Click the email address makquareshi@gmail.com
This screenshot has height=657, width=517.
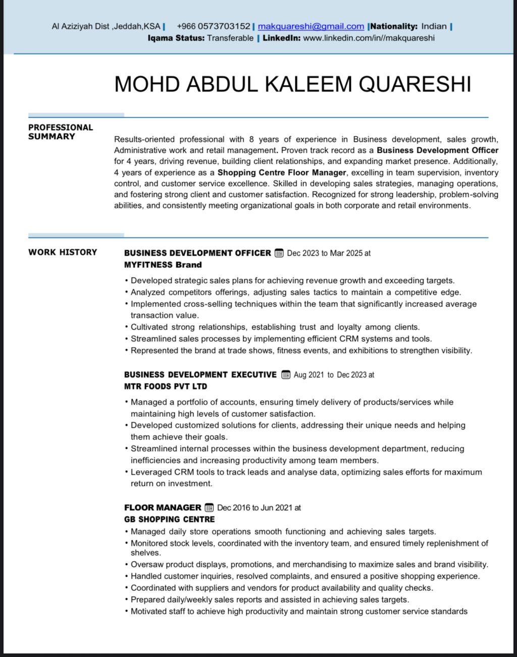pyautogui.click(x=311, y=26)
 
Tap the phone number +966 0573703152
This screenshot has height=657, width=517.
pyautogui.click(x=214, y=26)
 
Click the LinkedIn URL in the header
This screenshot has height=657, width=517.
pyautogui.click(x=369, y=38)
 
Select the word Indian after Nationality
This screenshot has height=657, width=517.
pyautogui.click(x=434, y=26)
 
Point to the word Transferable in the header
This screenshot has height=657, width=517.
pyautogui.click(x=230, y=38)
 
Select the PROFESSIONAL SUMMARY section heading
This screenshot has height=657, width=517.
pyautogui.click(x=61, y=132)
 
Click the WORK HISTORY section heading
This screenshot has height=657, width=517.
pyautogui.click(x=63, y=252)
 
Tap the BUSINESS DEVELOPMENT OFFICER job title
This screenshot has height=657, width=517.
pyautogui.click(x=197, y=253)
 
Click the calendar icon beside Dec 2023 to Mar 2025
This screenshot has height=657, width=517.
pyautogui.click(x=279, y=253)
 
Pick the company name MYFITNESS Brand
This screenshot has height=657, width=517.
pyautogui.click(x=163, y=265)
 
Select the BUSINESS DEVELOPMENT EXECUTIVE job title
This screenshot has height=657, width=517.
pyautogui.click(x=200, y=375)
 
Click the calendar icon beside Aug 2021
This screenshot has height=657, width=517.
pyautogui.click(x=286, y=375)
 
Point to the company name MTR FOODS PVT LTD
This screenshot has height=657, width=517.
pyautogui.click(x=166, y=386)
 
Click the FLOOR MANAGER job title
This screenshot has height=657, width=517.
pyautogui.click(x=163, y=508)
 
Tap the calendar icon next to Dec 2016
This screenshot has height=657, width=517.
pyautogui.click(x=209, y=508)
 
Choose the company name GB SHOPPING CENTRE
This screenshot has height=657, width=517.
pyautogui.click(x=169, y=519)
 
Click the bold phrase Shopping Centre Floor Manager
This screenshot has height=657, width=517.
pyautogui.click(x=282, y=172)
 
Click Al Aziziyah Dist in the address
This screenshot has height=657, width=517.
pyautogui.click(x=80, y=26)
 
